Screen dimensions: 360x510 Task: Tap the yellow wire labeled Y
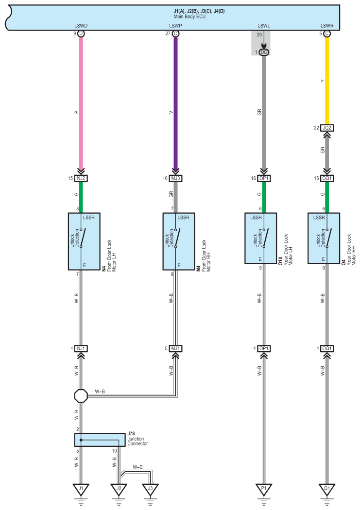pos(327,81)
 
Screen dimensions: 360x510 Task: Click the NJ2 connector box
pos(81,178)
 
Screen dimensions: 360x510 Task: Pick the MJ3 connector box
pos(175,178)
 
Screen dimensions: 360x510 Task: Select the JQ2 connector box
pos(327,128)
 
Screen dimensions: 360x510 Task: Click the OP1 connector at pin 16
pos(264,178)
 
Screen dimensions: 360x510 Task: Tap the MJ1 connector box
pos(175,348)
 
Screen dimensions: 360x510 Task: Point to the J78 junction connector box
pos(100,440)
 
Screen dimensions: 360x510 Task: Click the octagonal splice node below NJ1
pos(81,396)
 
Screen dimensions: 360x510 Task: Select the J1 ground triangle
pos(81,490)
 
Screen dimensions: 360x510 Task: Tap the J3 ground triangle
pos(150,490)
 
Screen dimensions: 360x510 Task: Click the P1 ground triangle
pos(264,490)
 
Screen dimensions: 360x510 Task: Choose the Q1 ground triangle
pos(327,490)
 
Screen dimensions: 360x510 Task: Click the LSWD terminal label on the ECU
pos(81,26)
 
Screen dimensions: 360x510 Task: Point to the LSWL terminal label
pos(264,26)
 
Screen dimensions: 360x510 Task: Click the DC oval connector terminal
pos(264,52)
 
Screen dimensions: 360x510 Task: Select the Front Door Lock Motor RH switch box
pos(178,241)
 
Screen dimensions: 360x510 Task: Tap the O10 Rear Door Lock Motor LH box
pos(261,238)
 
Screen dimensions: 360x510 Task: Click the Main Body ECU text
pos(189,17)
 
